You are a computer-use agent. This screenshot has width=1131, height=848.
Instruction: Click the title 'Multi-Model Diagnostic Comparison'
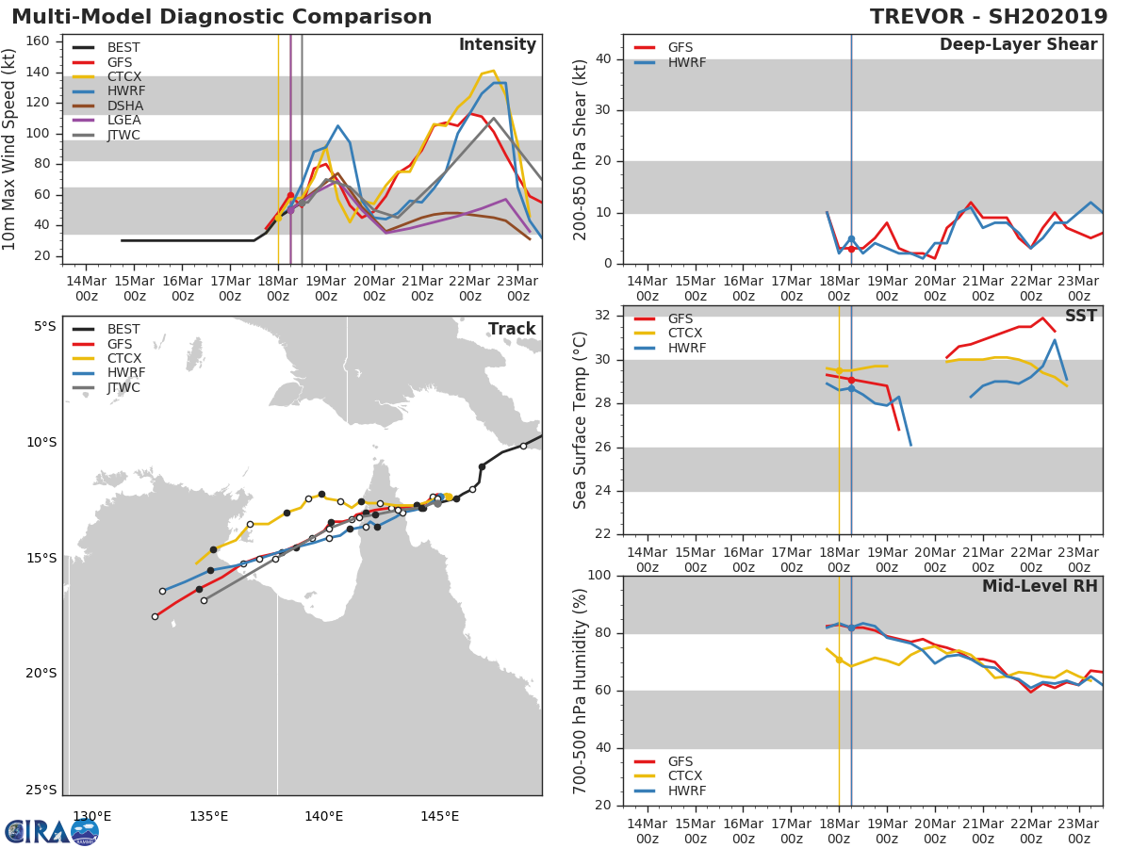221,17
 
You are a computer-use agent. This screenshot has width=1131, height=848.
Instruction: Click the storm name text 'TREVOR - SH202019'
989,17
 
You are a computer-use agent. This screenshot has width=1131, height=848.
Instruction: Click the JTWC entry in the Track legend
123,387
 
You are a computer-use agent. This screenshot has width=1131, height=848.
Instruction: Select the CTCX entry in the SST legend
686,334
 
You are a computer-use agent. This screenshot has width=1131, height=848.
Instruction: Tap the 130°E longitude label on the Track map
92,816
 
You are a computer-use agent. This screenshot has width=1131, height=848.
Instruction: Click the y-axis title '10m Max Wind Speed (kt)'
10,148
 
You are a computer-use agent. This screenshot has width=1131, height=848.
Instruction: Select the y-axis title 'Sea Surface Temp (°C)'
582,419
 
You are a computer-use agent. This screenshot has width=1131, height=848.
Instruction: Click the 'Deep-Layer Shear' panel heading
1018,45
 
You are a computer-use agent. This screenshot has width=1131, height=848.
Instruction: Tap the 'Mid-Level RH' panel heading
1040,587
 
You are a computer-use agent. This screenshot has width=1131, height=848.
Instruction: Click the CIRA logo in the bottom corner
52,831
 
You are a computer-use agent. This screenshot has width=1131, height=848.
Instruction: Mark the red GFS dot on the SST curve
851,380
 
